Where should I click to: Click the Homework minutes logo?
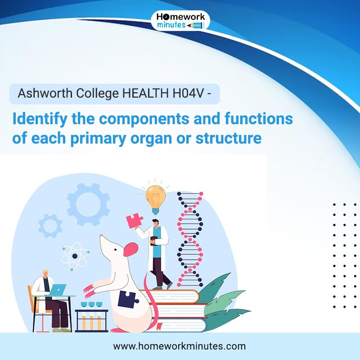coord(180,21)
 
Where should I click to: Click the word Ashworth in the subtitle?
coord(45,94)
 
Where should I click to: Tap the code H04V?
coord(186,94)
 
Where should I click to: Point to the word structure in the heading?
coord(229,138)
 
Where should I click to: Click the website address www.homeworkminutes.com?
coord(179,346)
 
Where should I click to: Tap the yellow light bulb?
coord(155,199)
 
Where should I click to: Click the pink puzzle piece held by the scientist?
coord(135,220)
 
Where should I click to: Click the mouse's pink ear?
coord(131,249)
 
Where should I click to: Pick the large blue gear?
coord(88,204)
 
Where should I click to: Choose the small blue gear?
coord(50,226)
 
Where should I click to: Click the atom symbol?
coord(75,256)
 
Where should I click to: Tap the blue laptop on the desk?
coord(58,290)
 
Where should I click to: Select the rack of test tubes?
coord(92,317)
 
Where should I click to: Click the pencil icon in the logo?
coord(195,26)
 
